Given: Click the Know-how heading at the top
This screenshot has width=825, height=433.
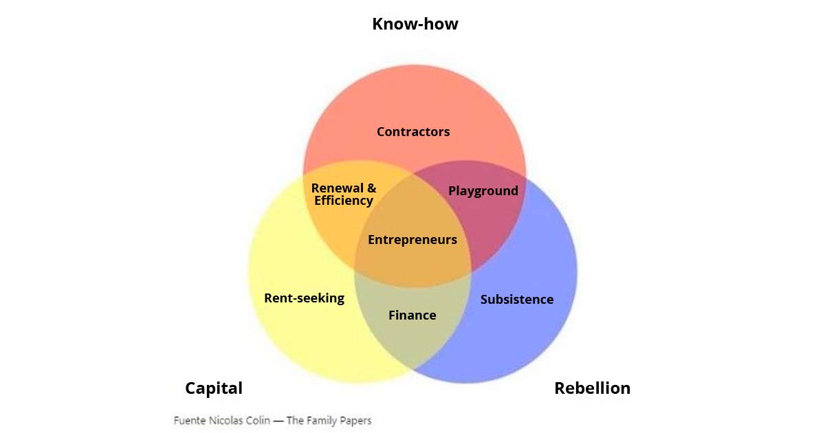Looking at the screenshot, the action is point(415,24).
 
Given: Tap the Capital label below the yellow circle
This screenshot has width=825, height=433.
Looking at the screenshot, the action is point(214,388).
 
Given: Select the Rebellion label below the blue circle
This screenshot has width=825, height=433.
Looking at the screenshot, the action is point(592,388).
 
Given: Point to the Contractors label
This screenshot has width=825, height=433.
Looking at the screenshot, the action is point(413,132).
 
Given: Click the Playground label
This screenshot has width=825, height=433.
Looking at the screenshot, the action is point(483,191).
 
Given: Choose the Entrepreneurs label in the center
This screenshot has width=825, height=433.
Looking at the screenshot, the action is point(412,240).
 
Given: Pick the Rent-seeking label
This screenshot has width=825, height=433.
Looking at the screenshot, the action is point(304,298).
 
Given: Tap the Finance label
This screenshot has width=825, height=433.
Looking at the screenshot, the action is point(412,315).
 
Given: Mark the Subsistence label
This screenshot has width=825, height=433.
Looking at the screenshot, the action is point(517,300).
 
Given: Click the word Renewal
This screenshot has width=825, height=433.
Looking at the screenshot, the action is point(338,188).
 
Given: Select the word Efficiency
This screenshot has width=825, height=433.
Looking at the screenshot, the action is point(344,201).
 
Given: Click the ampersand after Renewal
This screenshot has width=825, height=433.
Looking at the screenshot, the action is point(372,188).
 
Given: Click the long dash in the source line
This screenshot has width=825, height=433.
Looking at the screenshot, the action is point(278,421).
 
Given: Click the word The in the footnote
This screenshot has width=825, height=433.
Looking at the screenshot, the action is point(294,421).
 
